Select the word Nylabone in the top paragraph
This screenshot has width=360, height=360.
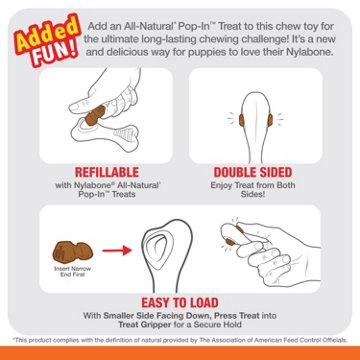tap(311, 50)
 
